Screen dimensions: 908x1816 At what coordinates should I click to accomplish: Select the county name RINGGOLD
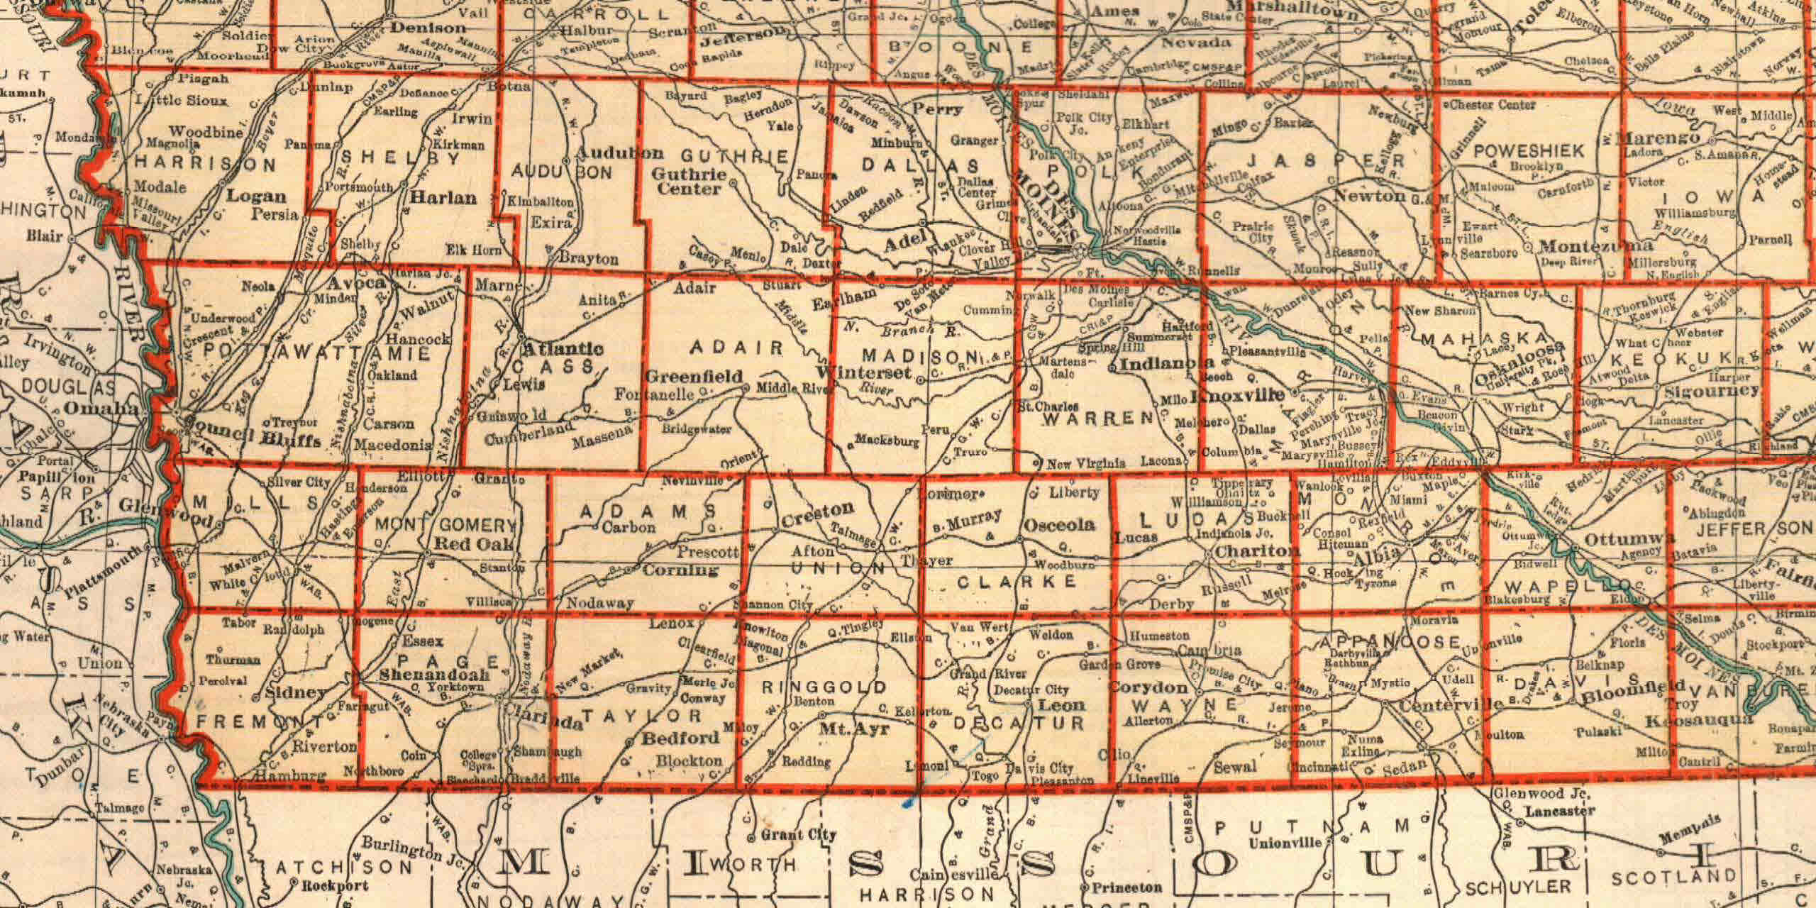pyautogui.click(x=824, y=687)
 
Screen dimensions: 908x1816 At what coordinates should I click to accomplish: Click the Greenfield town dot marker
pyautogui.click(x=746, y=387)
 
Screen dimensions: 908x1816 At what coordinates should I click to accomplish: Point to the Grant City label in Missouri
pyautogui.click(x=799, y=835)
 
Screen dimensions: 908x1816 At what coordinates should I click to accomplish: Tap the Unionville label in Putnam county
pyautogui.click(x=1285, y=844)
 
